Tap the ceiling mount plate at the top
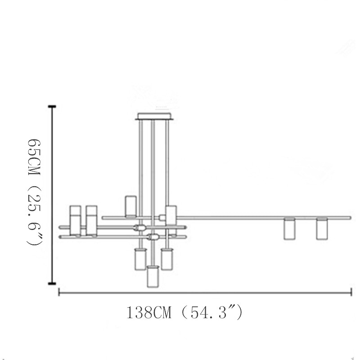point(154,117)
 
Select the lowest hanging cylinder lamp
point(153,276)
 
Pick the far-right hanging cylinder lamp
point(322,229)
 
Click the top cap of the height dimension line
point(52,107)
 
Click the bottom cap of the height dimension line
point(52,283)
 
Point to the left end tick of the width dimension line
point(59,292)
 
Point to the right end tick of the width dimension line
point(351,292)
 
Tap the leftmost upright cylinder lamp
point(76,220)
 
